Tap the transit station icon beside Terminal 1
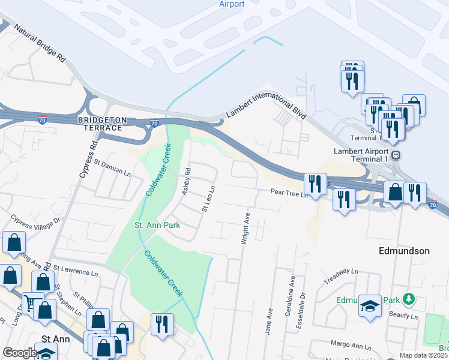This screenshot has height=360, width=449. (396, 155)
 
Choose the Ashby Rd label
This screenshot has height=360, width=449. (187, 181)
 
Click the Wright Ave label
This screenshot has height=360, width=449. (246, 227)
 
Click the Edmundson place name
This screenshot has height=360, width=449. (404, 251)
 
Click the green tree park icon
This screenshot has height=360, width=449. (409, 298)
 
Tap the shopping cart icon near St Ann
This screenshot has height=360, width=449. (30, 302)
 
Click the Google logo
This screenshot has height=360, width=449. (20, 353)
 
